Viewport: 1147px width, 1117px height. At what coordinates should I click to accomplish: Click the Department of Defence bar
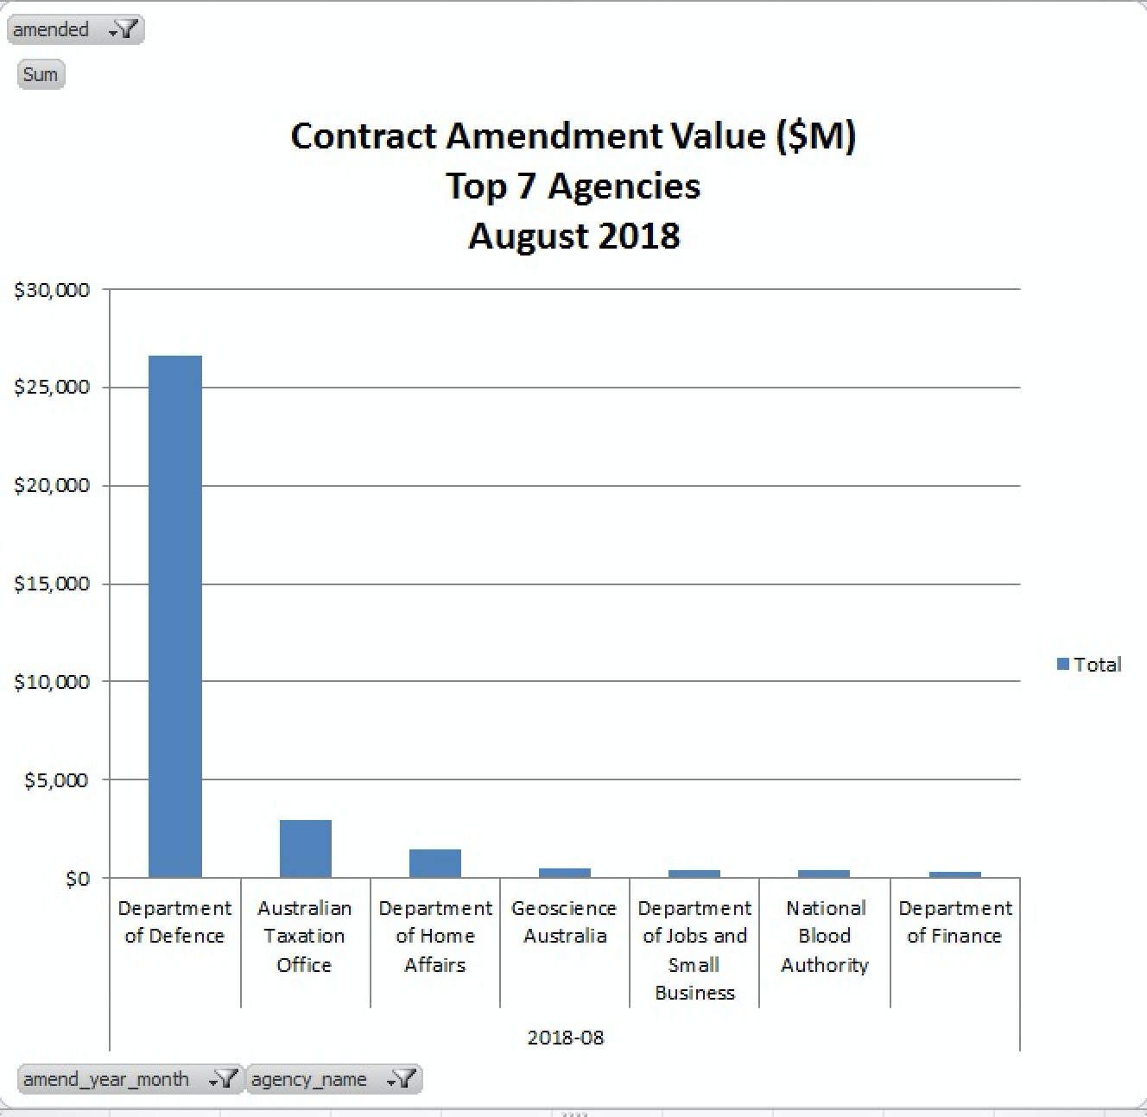175,616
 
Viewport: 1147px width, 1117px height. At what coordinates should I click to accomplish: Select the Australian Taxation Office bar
305,849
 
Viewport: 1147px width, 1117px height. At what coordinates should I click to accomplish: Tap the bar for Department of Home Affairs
434,863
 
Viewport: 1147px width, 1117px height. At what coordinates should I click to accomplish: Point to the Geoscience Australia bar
565,873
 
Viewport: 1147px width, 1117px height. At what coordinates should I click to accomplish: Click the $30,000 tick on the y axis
52,290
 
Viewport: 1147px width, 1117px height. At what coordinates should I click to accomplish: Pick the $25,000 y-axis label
52,387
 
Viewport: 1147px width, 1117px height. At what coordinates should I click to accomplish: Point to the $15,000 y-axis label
52,584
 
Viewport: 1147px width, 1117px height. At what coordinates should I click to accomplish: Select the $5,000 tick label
56,780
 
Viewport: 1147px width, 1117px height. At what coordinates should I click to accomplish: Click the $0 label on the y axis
77,879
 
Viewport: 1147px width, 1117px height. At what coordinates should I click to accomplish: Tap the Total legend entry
1090,665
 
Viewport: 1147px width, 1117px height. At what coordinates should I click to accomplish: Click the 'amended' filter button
75,30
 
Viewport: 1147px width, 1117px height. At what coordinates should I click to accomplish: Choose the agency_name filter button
333,1079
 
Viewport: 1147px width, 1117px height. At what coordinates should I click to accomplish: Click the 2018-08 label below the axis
566,1038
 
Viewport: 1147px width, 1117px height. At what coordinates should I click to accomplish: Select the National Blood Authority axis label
825,936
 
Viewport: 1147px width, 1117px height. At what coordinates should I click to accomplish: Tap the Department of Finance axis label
954,922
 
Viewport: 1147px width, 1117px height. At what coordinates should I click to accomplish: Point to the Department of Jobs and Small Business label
694,950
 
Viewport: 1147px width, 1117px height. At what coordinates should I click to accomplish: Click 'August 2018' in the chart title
574,236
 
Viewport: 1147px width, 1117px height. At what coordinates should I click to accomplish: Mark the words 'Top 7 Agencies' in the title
573,186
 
